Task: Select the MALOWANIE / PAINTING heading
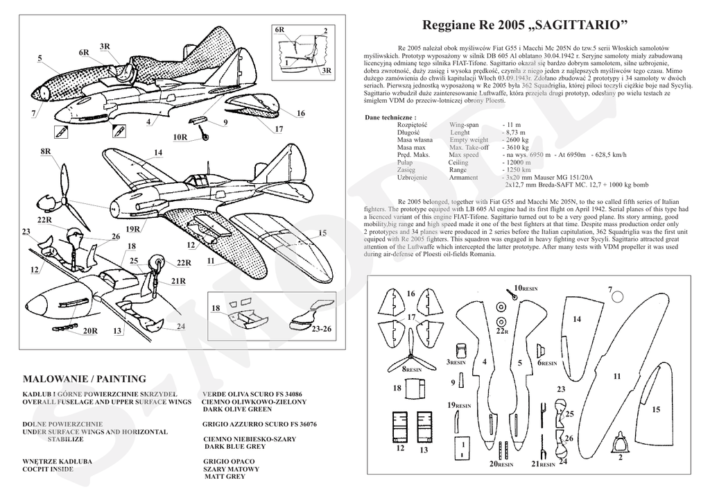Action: (85, 379)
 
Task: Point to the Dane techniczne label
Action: (390, 117)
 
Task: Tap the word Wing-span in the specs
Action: (468, 124)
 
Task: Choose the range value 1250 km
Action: (519, 170)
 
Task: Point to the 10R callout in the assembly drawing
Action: (180, 137)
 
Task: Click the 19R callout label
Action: (134, 229)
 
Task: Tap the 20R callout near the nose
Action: (89, 331)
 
